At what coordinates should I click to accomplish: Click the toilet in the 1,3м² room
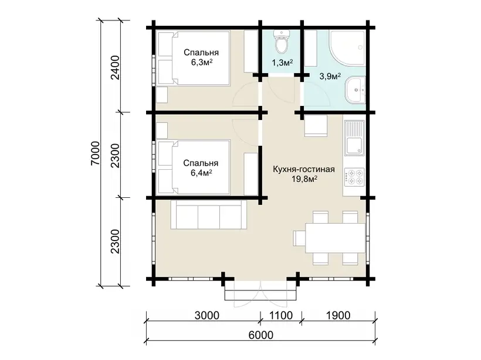(282, 42)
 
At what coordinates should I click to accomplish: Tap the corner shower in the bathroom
(347, 47)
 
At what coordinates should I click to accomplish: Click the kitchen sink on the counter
(354, 137)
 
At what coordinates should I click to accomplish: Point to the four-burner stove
(354, 177)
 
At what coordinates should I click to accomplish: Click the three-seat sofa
(209, 215)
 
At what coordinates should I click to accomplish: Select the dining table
(335, 238)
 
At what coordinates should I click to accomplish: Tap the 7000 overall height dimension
(96, 153)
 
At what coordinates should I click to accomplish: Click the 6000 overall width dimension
(261, 335)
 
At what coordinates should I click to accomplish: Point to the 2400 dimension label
(116, 67)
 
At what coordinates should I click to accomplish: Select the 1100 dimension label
(280, 315)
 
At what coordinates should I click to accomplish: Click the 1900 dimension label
(338, 315)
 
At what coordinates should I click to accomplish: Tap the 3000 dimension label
(206, 315)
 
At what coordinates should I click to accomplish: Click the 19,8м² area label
(304, 179)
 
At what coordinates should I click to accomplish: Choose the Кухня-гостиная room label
(304, 169)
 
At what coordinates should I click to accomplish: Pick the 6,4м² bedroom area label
(202, 173)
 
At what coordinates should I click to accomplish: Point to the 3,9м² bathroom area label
(330, 76)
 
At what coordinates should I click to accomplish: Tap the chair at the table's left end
(299, 238)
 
